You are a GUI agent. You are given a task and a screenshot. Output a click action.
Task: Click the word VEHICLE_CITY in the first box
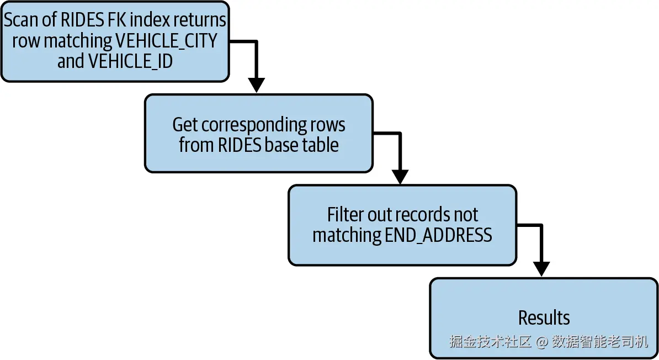point(166,41)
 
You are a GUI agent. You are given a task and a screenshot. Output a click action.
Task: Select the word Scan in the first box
point(20,20)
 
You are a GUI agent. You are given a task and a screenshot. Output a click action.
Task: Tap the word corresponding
point(251,125)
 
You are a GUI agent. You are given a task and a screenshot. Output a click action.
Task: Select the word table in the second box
point(321,145)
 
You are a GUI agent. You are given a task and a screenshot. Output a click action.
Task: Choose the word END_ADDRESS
point(438,235)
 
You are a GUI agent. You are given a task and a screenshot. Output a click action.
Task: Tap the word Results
point(544,318)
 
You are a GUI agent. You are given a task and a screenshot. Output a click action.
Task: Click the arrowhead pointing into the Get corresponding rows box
point(257,85)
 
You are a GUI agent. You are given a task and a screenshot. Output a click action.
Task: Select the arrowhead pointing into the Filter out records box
point(400,177)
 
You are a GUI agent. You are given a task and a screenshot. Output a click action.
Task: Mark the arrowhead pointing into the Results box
point(541,269)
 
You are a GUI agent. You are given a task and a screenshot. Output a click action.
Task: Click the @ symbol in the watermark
point(542,342)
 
